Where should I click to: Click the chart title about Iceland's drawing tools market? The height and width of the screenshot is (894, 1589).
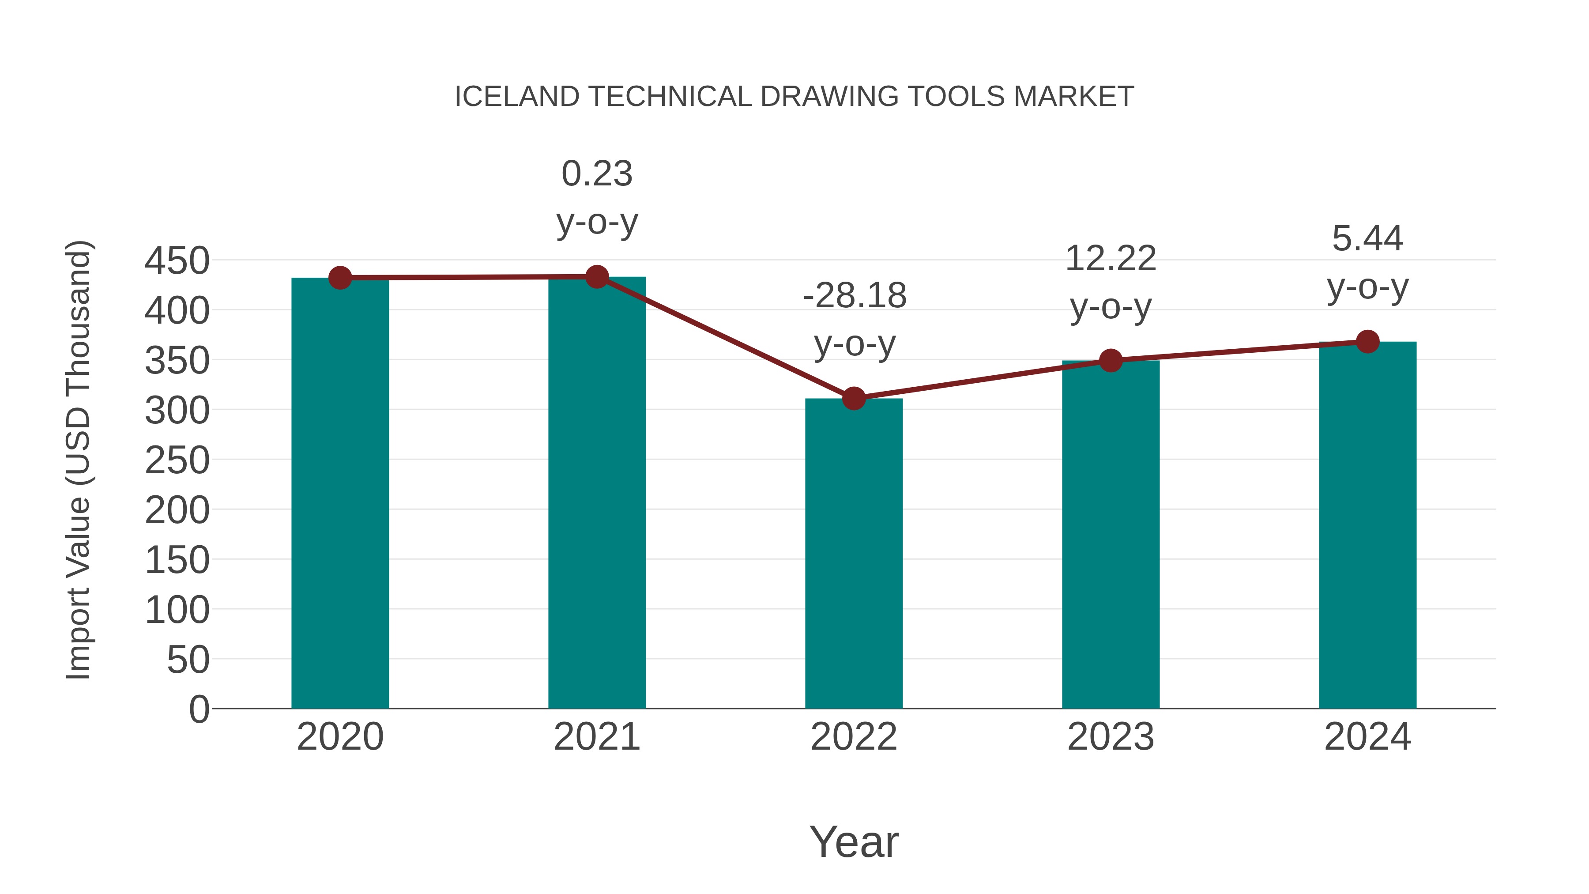[794, 97]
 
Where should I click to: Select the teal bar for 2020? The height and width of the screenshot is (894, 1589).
[340, 494]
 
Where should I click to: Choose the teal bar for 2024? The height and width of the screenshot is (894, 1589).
[1367, 525]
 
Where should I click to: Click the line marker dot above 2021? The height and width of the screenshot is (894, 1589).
[596, 277]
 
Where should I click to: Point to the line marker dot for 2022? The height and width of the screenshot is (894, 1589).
[854, 399]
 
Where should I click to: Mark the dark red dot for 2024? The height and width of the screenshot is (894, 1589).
[1367, 341]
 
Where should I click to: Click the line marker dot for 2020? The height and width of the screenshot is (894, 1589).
[340, 278]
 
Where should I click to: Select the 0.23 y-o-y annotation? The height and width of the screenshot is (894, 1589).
[596, 197]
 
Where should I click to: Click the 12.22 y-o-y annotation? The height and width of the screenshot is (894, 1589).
[1111, 282]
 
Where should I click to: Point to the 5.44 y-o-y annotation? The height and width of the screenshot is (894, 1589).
[1367, 262]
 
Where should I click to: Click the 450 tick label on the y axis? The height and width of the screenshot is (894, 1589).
[177, 260]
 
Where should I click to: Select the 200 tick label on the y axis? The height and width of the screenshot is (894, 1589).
[177, 510]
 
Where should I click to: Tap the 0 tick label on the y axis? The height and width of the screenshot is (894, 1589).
[199, 709]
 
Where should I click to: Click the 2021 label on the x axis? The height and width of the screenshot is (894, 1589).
[596, 737]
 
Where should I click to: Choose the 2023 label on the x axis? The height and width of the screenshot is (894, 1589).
[1111, 737]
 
